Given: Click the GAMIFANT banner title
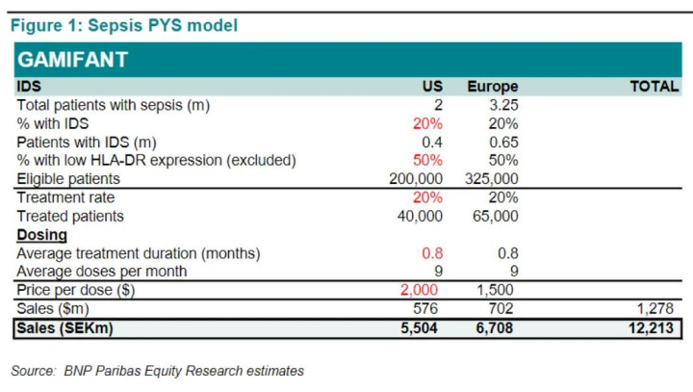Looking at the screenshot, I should (73, 60).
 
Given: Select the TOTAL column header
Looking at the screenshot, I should (654, 87).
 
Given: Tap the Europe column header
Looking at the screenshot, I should (492, 87).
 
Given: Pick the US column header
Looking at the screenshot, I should (432, 87).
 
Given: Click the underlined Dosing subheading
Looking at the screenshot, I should (41, 234).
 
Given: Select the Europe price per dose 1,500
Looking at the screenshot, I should (497, 290).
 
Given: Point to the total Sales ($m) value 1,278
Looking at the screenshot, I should (659, 309).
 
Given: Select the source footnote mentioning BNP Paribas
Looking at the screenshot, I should (158, 370).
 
